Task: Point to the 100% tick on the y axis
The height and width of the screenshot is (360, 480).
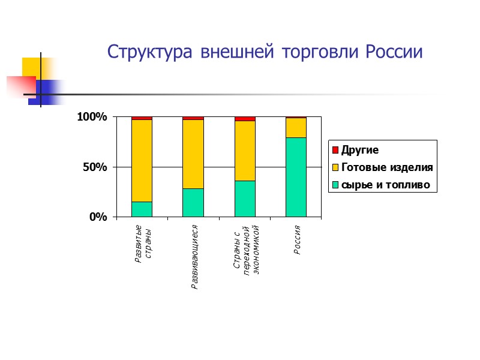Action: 92,118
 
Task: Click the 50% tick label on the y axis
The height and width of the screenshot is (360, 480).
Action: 95,167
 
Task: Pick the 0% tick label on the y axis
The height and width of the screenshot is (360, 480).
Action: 98,217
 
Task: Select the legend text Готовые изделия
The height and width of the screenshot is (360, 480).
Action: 386,167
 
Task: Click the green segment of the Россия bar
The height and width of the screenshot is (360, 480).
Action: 296,177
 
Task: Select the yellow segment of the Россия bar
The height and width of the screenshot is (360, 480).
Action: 296,128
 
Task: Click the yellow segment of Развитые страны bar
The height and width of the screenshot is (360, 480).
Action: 142,160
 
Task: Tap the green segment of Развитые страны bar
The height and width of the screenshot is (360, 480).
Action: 142,209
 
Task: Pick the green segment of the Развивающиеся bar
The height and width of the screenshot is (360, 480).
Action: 193,202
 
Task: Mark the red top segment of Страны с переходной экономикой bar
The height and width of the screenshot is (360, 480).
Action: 245,119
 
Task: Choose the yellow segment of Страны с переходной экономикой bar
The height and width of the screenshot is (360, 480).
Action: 245,151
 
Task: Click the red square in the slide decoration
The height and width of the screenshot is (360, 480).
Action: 20,86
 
